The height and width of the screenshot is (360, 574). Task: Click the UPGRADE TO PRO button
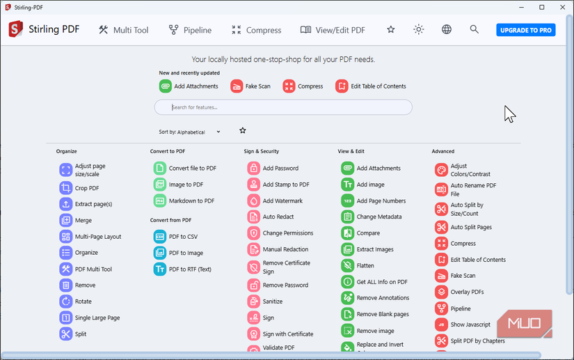point(525,30)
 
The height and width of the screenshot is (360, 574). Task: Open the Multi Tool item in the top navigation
point(124,30)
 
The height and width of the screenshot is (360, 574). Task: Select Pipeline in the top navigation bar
point(190,30)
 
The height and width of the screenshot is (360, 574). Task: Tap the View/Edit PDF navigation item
point(333,30)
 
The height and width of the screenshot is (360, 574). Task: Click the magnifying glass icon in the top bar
point(474,30)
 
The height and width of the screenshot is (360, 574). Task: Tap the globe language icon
point(447,30)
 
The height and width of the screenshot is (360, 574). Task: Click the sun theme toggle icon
point(418,30)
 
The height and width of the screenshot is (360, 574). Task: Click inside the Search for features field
point(283,107)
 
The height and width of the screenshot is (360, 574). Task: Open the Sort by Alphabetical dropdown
point(190,132)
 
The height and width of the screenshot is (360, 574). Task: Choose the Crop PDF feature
point(87,188)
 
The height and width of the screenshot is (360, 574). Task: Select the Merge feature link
point(83,220)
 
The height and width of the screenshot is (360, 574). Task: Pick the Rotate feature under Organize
point(83,302)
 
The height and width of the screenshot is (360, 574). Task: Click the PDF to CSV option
point(183,237)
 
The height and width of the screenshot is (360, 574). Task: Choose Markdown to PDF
point(191,201)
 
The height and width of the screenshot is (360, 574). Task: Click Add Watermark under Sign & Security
point(282,201)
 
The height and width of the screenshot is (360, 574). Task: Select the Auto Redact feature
point(278,217)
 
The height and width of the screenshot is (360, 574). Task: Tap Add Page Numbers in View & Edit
point(381,201)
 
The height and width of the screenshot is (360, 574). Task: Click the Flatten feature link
point(365,265)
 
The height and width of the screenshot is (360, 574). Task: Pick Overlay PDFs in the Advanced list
point(467,292)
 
